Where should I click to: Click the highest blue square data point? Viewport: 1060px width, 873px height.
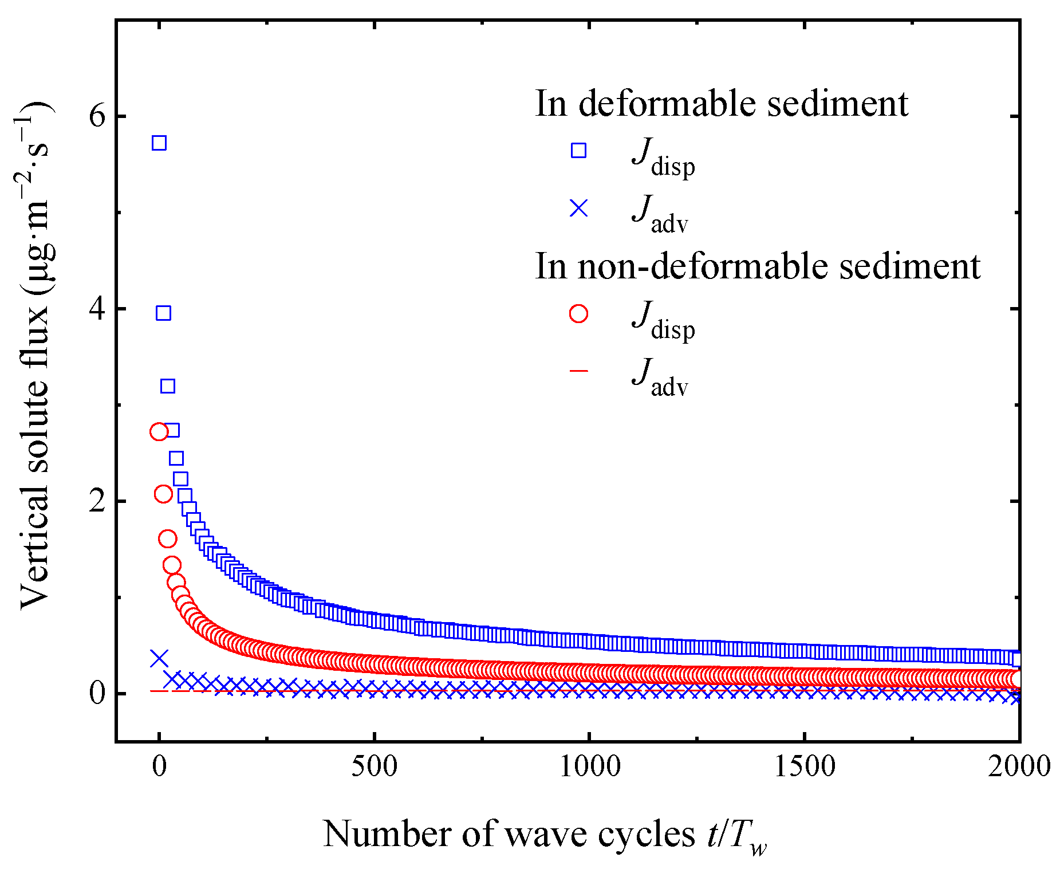(159, 143)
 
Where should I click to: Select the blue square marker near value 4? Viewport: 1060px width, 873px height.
(163, 313)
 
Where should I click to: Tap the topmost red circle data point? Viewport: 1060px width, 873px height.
(159, 431)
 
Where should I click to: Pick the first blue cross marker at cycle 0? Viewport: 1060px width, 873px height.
(159, 658)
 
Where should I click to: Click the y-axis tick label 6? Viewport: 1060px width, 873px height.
(97, 116)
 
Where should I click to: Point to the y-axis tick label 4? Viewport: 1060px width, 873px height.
(97, 309)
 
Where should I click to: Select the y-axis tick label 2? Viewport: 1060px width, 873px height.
(97, 501)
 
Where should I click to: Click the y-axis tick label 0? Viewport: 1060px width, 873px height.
(97, 694)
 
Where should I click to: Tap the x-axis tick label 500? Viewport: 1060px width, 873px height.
(374, 766)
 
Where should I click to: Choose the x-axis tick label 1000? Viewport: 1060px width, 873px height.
(589, 766)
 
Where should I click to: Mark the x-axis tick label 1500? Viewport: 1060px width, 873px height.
(805, 766)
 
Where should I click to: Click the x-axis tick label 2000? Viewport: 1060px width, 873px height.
(1019, 766)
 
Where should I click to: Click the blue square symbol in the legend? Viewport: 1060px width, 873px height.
(578, 151)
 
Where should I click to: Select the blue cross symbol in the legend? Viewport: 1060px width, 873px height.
(578, 208)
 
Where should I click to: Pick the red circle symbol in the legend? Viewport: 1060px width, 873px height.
(578, 313)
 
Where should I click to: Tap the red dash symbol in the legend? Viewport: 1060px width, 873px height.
(578, 371)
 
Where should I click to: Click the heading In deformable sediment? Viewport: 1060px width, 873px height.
(722, 104)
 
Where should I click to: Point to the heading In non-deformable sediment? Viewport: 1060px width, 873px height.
(757, 266)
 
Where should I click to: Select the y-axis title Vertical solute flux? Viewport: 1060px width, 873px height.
(36, 355)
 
